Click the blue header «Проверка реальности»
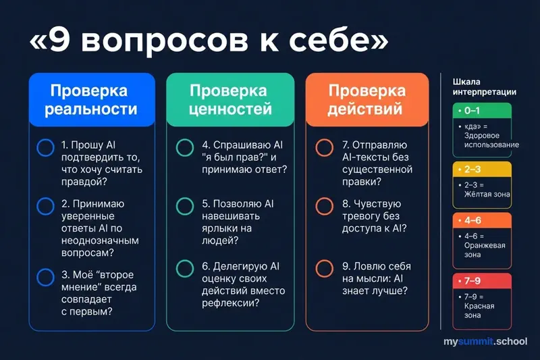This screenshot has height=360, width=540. pos(90,99)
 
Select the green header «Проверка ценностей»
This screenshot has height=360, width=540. pos(230,99)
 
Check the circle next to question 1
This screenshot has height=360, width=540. pos(45,148)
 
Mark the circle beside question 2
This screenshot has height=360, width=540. pos(45,207)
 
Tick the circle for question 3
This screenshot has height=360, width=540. pos(45,276)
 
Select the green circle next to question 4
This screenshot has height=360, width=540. pos(184,148)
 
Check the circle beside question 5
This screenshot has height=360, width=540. pos(184,207)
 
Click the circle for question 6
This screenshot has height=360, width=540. pos(184,267)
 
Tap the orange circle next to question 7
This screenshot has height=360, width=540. pos(324,148)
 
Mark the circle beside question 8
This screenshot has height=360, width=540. pos(324,207)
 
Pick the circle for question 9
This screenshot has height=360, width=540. pos(324,267)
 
